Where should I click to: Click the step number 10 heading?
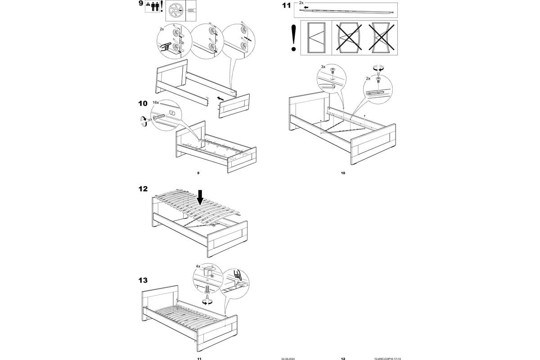[143, 103]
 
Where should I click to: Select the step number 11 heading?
[286, 6]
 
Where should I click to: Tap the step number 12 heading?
[143, 189]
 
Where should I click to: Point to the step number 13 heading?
[143, 280]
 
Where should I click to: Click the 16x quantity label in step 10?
[156, 103]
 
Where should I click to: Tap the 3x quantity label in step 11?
[323, 67]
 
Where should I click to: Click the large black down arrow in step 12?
[201, 197]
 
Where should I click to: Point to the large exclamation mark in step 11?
[294, 38]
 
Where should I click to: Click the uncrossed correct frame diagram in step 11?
[316, 38]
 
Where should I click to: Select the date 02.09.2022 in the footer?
[288, 359]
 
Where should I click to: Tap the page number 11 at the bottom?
[199, 359]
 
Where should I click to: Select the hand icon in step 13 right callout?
[237, 274]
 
